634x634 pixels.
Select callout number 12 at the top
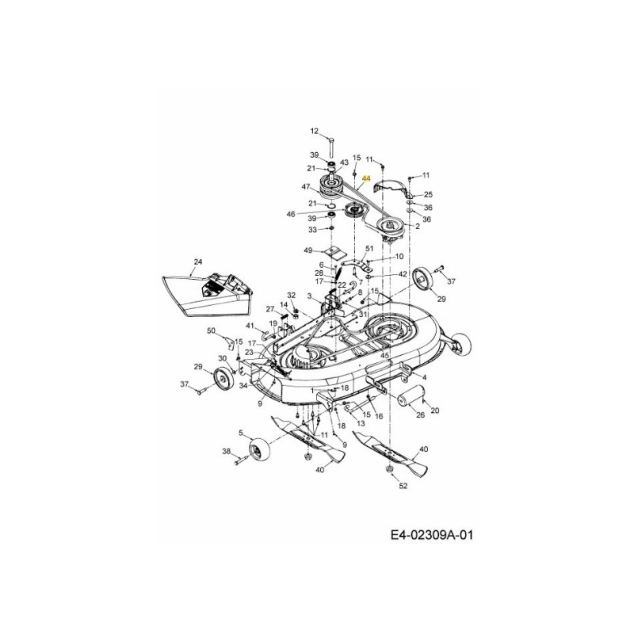point(314,132)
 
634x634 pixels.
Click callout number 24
point(197,261)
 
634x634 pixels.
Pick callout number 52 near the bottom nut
point(403,486)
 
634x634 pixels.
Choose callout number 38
point(226,451)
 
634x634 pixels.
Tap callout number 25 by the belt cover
point(428,194)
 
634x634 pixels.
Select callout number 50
point(211,330)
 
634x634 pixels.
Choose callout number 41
point(250,326)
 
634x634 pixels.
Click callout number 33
point(312,230)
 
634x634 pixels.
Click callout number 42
point(403,274)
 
